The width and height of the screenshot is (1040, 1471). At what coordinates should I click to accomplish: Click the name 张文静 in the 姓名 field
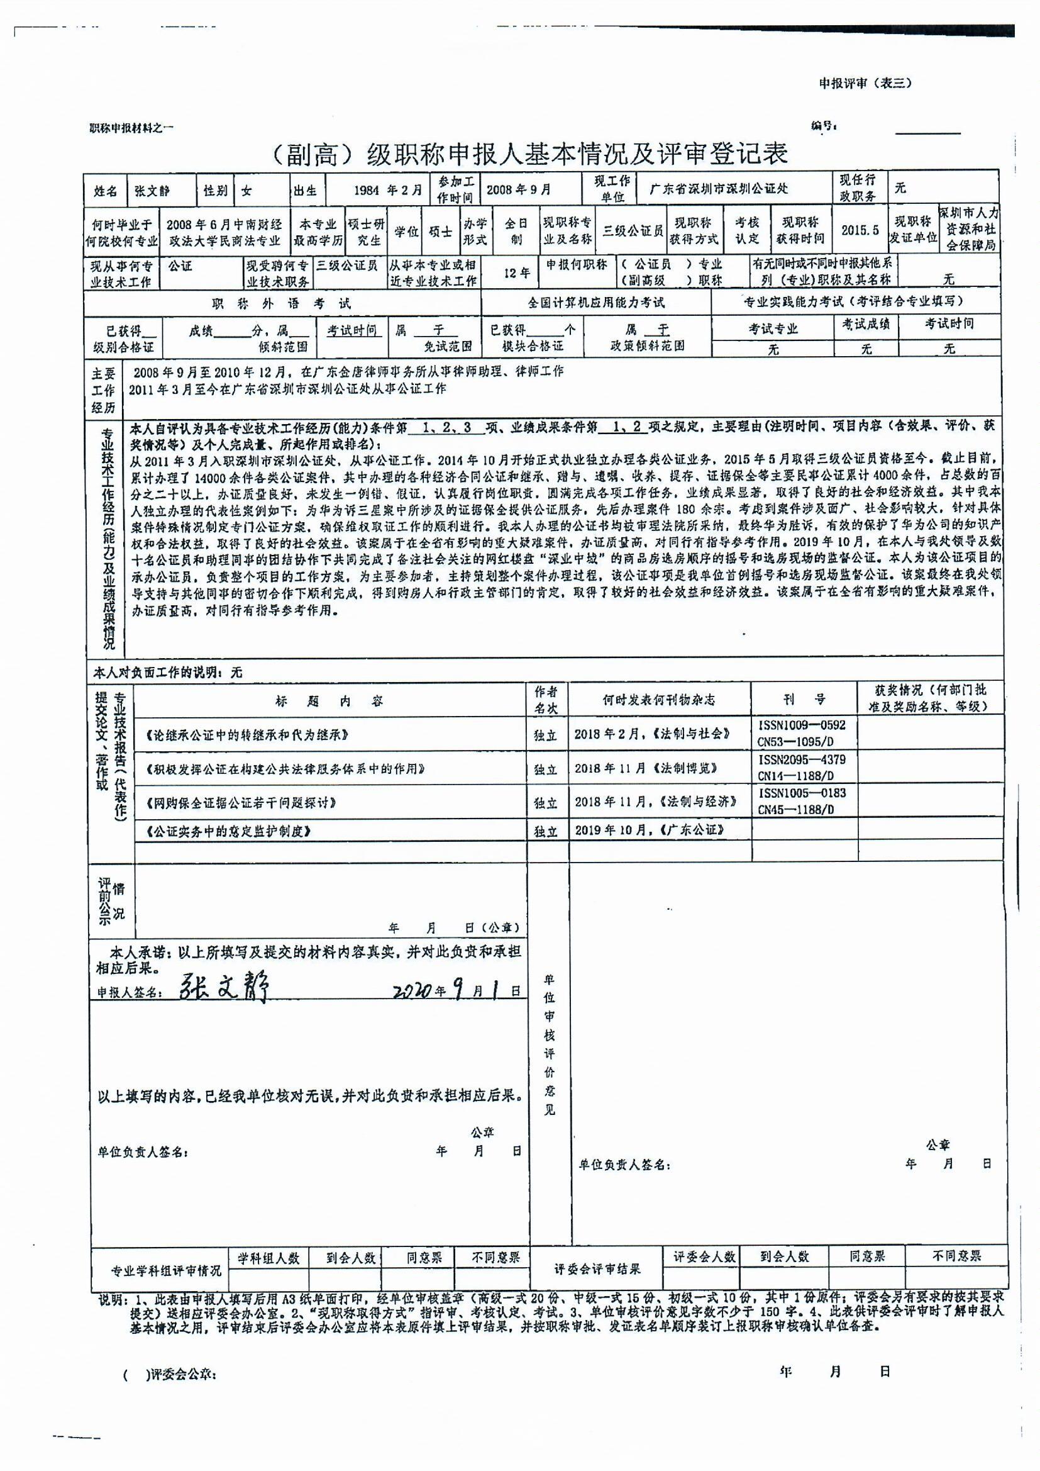point(152,191)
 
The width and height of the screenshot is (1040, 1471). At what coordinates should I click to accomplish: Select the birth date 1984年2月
point(389,190)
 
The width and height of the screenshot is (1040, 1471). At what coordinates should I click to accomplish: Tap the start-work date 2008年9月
point(519,189)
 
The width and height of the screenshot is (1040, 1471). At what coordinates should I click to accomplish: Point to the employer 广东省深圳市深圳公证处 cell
point(719,189)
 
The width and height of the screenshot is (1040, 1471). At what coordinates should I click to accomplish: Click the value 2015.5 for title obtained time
point(860,230)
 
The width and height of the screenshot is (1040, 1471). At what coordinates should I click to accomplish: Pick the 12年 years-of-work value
point(516,274)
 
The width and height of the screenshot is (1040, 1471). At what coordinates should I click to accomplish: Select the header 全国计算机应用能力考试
point(595,303)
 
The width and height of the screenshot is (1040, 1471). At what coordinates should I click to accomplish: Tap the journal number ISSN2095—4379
point(802,760)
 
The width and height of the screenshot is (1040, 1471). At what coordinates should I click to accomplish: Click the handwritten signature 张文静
point(223,987)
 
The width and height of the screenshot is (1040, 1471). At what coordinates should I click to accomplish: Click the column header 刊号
point(804,700)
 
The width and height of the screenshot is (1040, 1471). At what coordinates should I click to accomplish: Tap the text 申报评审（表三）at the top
point(865,83)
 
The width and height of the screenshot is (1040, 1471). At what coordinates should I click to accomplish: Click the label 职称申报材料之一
point(132,128)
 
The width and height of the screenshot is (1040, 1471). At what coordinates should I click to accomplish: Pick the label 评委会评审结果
point(597,1268)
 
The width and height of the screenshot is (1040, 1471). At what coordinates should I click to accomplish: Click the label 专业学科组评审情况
point(166,1270)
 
